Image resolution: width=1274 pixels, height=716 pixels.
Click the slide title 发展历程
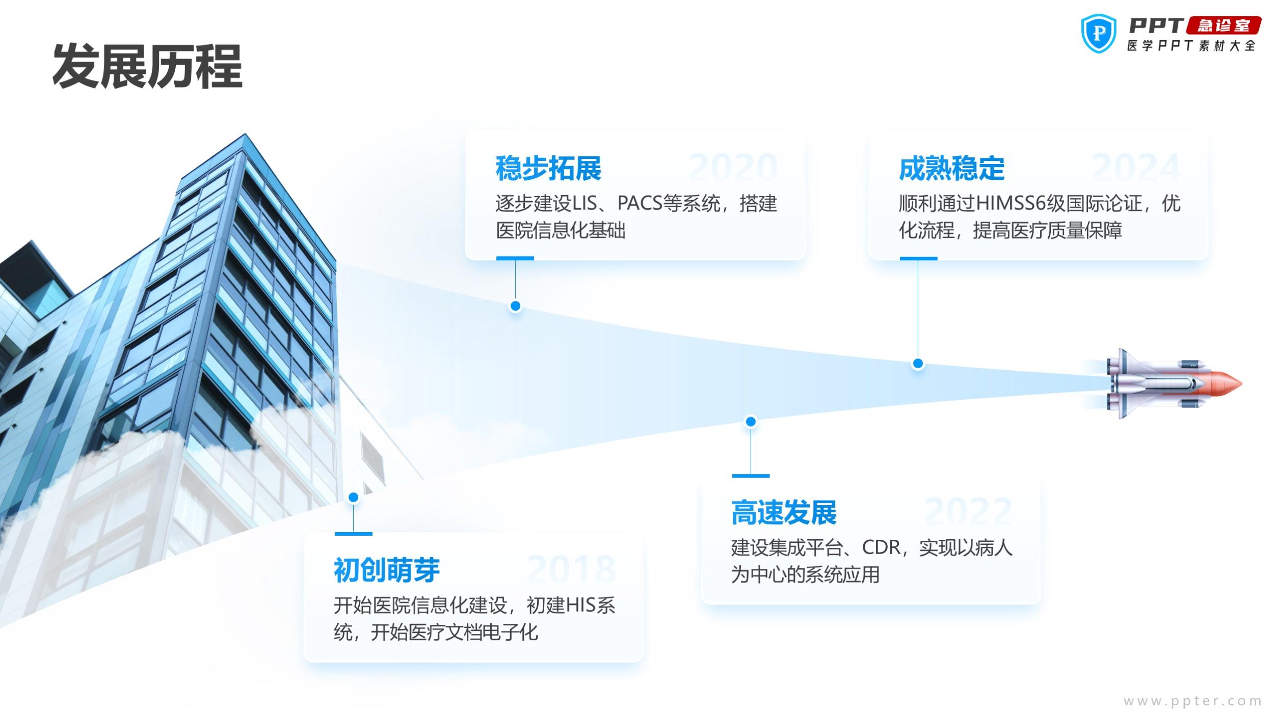pyautogui.click(x=147, y=66)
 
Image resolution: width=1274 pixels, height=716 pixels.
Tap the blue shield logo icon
pyautogui.click(x=1099, y=34)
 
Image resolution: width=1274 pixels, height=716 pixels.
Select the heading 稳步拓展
pyautogui.click(x=548, y=169)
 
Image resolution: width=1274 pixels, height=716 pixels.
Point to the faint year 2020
pyautogui.click(x=733, y=168)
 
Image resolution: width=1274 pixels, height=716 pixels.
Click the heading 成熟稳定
pyautogui.click(x=951, y=169)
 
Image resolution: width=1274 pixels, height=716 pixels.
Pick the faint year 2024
pyautogui.click(x=1136, y=168)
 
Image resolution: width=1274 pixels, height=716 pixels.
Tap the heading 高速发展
pyautogui.click(x=784, y=513)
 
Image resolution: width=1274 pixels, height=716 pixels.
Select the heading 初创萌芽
pyautogui.click(x=387, y=570)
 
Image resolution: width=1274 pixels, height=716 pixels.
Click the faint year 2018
pyautogui.click(x=571, y=569)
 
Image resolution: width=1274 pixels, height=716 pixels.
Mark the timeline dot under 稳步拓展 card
pyautogui.click(x=515, y=306)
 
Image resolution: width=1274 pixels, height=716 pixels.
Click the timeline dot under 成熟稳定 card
pyautogui.click(x=918, y=364)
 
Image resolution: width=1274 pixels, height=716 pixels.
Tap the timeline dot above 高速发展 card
pyautogui.click(x=751, y=422)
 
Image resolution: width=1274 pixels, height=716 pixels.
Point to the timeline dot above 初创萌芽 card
pyautogui.click(x=353, y=497)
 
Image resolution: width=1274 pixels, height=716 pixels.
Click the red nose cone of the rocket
pyautogui.click(x=1226, y=383)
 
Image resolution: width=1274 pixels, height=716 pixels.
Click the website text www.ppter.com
pyautogui.click(x=1192, y=701)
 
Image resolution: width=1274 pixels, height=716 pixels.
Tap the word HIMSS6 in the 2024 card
pyautogui.click(x=1011, y=204)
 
